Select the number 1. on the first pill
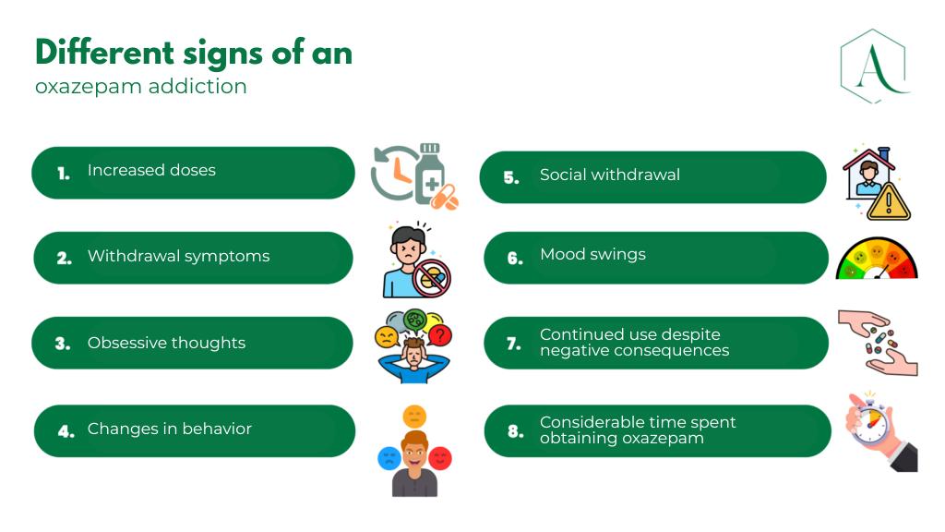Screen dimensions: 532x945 click(x=64, y=173)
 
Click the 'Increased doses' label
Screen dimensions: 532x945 click(x=151, y=171)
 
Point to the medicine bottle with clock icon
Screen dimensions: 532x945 click(x=414, y=175)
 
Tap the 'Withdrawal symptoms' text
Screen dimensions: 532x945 click(x=178, y=257)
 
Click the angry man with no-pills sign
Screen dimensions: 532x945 click(x=413, y=260)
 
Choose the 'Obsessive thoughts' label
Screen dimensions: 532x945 click(x=166, y=343)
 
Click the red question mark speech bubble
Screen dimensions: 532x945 click(x=440, y=334)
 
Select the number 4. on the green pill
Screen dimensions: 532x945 click(x=66, y=430)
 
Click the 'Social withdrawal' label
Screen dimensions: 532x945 click(x=609, y=175)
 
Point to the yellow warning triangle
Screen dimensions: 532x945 click(x=889, y=202)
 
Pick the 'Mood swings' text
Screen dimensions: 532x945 click(x=592, y=254)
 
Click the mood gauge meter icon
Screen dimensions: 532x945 click(x=876, y=260)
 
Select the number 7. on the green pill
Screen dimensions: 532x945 click(x=514, y=344)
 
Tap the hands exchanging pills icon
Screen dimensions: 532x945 click(x=877, y=343)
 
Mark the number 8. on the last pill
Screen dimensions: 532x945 click(x=514, y=430)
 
